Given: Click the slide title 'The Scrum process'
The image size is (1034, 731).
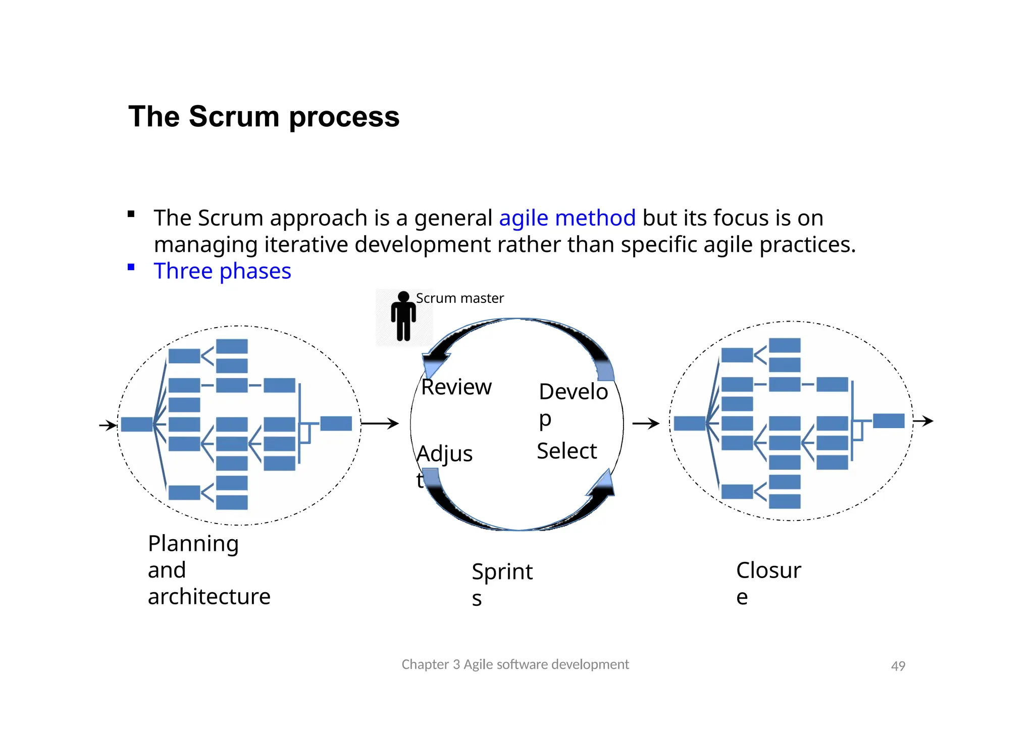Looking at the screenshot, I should tap(264, 117).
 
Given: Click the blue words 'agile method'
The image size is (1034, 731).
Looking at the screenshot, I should tap(567, 218).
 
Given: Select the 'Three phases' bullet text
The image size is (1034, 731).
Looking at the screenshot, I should tap(222, 271).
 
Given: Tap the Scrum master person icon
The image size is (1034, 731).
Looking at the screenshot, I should tap(403, 317).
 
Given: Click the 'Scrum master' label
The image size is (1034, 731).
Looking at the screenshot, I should tap(459, 298).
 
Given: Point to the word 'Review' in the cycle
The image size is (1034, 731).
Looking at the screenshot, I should tap(456, 387).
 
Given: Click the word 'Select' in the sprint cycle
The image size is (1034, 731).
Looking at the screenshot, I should tap(566, 451).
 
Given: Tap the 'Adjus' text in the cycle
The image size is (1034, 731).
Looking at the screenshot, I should tap(445, 453).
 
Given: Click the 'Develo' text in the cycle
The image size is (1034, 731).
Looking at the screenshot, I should tap(573, 392).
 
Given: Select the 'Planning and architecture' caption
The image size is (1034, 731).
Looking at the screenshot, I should tap(209, 570).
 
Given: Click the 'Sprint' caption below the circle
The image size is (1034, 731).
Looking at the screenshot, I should tap(502, 572).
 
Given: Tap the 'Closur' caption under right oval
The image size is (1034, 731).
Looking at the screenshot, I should tap(768, 570).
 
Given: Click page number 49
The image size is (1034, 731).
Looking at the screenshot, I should tap(898, 666).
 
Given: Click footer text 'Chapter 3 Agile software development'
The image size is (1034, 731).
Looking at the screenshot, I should tap(515, 664).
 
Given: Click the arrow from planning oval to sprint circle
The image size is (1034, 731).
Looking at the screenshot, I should tap(380, 423).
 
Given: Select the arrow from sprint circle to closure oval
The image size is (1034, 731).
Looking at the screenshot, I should tap(646, 423).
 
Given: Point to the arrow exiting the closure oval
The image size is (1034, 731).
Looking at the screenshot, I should tap(923, 421).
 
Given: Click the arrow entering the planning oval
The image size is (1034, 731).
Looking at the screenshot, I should tap(108, 425).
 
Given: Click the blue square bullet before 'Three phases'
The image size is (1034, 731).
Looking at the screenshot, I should tap(131, 267).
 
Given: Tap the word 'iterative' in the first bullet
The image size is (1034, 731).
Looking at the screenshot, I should tap(307, 245).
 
